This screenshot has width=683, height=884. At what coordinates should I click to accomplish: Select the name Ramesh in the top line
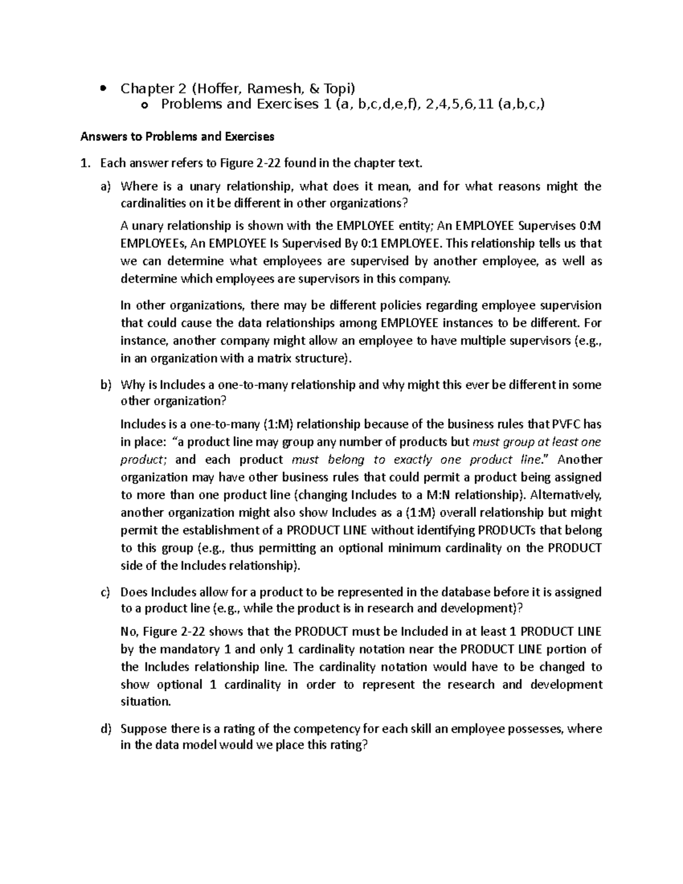[260, 88]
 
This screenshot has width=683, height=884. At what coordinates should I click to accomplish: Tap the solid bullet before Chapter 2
[102, 89]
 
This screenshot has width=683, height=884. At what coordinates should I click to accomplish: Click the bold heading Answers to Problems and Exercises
[178, 137]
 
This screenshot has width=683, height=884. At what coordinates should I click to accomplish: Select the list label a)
[106, 187]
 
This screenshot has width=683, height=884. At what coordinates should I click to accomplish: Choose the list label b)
[106, 385]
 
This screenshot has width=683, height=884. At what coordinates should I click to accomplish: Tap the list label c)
[106, 592]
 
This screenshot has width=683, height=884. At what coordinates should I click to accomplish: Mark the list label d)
[106, 729]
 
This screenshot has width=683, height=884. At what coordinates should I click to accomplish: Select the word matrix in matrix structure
[276, 359]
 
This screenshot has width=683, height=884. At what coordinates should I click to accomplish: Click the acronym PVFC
[569, 424]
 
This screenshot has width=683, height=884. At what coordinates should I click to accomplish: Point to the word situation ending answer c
[146, 702]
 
